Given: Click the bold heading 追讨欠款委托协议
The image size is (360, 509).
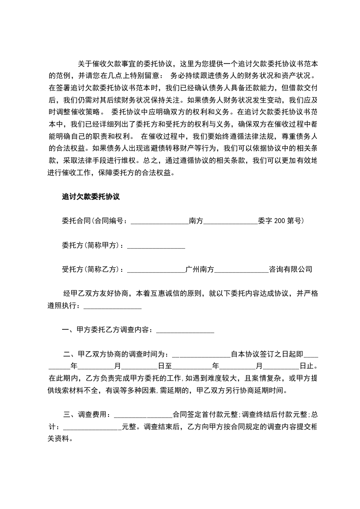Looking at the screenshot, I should (x=90, y=197).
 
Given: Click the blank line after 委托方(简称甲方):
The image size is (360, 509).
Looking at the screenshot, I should (x=156, y=246).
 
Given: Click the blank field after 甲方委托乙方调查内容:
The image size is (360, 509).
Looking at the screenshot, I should (x=185, y=330).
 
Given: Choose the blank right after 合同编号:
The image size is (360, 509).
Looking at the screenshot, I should (x=159, y=221).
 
